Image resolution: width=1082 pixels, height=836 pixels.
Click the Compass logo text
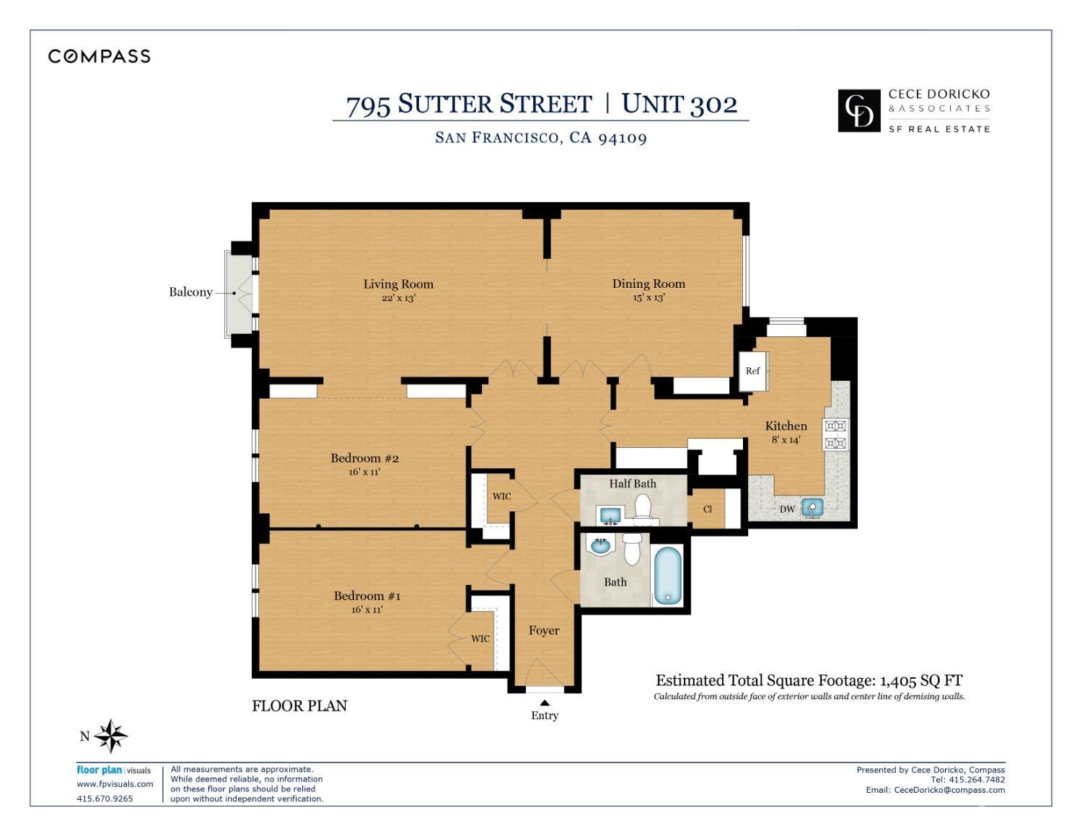(99, 56)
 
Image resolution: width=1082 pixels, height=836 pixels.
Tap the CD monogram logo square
(858, 110)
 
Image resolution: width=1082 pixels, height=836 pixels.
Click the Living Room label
(398, 284)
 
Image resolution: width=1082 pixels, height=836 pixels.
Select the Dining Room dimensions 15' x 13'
(648, 298)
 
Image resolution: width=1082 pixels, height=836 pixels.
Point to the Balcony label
(190, 292)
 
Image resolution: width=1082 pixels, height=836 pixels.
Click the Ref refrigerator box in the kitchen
(753, 371)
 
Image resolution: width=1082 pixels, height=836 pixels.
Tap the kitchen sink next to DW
(812, 508)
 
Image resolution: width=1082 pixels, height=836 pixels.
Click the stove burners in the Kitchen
(835, 435)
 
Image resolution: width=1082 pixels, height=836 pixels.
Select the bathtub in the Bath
(668, 574)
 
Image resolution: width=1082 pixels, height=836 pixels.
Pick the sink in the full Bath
(600, 546)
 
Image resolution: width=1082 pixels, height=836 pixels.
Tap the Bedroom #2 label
(365, 458)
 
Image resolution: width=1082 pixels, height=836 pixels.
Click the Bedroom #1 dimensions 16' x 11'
(367, 610)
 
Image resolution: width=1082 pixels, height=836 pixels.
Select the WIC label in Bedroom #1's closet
(480, 638)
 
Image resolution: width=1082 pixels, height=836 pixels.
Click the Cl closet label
(708, 509)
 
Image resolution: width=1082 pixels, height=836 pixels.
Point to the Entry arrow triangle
(545, 703)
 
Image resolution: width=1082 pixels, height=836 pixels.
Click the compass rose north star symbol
(110, 736)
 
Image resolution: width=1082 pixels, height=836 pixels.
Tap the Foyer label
(544, 630)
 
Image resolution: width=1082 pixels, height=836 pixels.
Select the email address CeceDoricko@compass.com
(949, 790)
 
